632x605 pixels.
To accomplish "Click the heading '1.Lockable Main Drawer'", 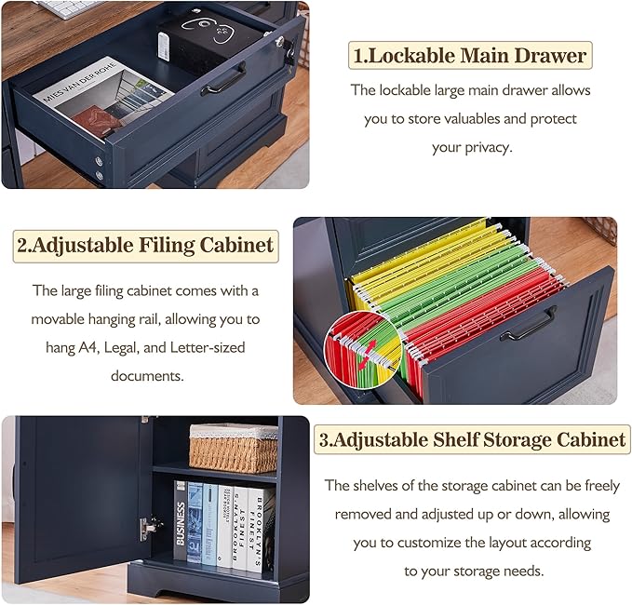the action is tap(470, 55).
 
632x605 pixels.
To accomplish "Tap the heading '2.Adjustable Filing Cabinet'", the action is tap(145, 246).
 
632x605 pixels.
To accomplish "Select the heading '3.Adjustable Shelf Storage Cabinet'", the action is tap(473, 439).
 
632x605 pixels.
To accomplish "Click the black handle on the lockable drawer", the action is tap(224, 79).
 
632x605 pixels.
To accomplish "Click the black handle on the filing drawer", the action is tap(529, 324).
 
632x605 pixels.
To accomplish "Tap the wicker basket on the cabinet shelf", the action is tap(234, 448).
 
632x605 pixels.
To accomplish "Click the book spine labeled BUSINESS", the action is tap(181, 520).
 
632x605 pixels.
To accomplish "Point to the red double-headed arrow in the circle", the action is tap(367, 354).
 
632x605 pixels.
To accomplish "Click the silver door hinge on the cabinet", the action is tap(148, 528).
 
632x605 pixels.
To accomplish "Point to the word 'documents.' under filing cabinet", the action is tap(147, 376).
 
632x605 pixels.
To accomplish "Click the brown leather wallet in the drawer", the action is tap(97, 120).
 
